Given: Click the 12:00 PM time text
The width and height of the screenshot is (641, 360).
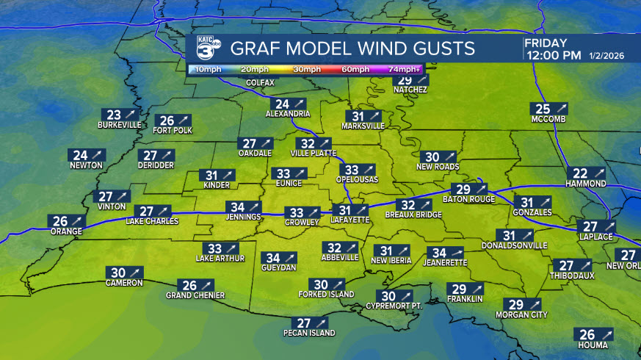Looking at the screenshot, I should pos(553,56).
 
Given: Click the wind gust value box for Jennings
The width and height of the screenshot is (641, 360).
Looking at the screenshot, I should pos(245,206).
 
